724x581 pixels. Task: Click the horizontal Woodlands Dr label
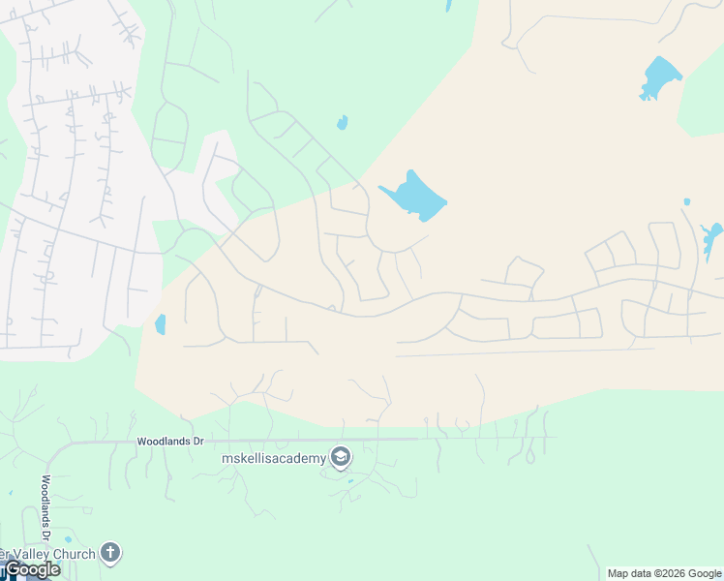(170, 442)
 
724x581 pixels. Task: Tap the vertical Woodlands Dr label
(45, 506)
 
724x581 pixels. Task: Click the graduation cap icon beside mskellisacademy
(340, 456)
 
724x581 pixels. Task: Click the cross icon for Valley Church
(110, 554)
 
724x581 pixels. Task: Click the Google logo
(32, 569)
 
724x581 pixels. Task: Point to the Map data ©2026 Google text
(665, 573)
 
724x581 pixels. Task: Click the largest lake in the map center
(414, 198)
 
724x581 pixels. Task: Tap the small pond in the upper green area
(342, 123)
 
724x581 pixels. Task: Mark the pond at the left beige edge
(161, 324)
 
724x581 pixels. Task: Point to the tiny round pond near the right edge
(686, 202)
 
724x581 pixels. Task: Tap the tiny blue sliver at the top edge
(448, 5)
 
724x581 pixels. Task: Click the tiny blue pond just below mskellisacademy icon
(350, 480)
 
